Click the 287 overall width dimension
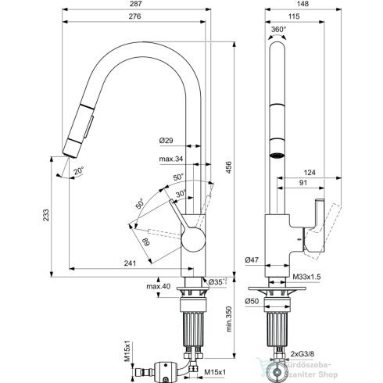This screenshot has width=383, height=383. [135, 4]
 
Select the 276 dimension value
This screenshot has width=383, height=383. [135, 16]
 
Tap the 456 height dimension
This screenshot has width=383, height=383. [228, 168]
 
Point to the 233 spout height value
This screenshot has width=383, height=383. [46, 215]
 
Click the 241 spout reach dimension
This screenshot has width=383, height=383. [130, 263]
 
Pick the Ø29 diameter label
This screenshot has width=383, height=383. [166, 141]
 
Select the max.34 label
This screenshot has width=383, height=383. [171, 159]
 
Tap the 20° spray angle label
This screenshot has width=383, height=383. [78, 170]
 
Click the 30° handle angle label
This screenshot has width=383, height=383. [181, 194]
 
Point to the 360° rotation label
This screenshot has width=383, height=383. [278, 30]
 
